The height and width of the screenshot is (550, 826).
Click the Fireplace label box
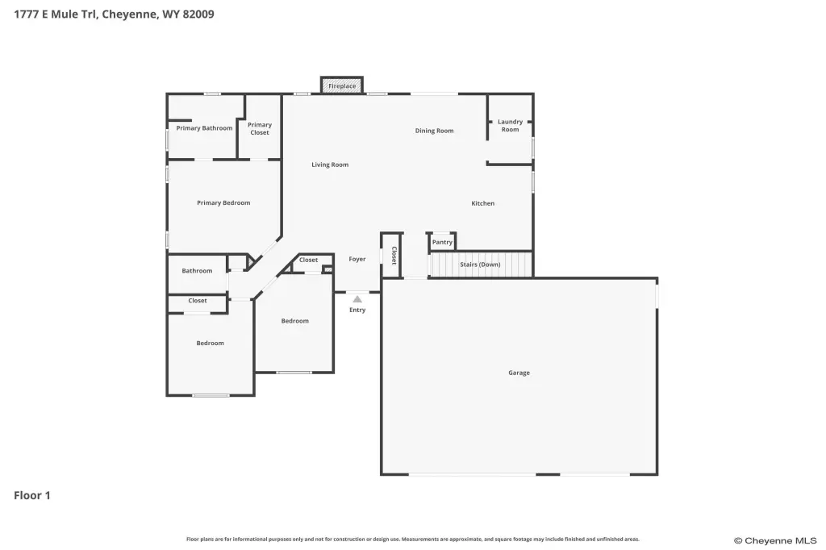[x=342, y=85]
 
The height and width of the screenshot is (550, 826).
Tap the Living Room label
[x=330, y=165]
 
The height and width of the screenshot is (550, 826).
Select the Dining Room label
[x=434, y=131]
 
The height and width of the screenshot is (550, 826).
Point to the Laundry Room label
[x=510, y=125]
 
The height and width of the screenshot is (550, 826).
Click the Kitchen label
[x=482, y=203]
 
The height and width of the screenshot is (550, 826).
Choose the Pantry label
[x=442, y=242]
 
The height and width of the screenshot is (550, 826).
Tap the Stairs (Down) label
[x=480, y=265]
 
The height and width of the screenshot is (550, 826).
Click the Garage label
[x=519, y=373]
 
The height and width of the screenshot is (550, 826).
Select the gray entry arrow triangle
[x=357, y=299]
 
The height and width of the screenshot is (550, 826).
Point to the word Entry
[x=357, y=310]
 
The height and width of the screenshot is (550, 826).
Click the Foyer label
[x=357, y=259]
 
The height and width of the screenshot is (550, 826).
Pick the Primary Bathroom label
[x=204, y=128]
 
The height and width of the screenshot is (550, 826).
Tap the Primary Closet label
[x=260, y=128]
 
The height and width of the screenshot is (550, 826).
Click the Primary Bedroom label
[x=223, y=203]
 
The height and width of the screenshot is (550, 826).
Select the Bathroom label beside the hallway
[x=197, y=271]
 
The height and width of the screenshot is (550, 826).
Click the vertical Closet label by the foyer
[x=394, y=256]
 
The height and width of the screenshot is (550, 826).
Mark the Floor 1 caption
[x=32, y=495]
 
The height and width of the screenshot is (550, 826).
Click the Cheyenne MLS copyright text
[x=775, y=540]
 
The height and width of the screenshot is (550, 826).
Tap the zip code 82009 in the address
[x=198, y=15]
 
